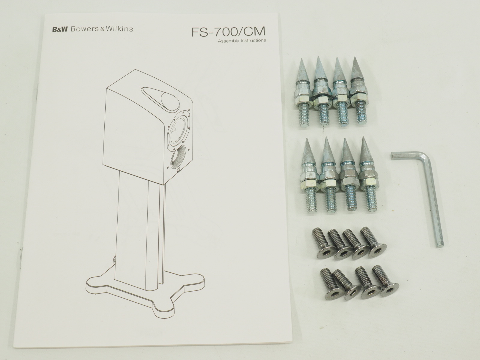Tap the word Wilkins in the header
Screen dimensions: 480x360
tap(119, 29)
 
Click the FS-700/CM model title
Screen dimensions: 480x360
tap(228, 31)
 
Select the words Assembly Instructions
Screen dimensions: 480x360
tap(242, 41)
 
